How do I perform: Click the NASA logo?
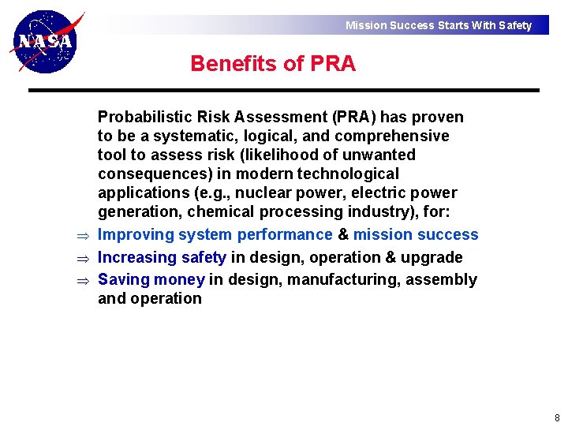click(x=46, y=41)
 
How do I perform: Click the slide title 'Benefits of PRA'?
click(x=273, y=63)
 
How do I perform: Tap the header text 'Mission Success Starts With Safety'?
click(x=439, y=25)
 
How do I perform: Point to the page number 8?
click(x=557, y=418)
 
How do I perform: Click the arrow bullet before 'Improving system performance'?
click(x=80, y=235)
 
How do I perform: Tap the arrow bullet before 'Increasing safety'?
click(x=80, y=258)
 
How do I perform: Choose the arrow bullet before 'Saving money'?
click(x=80, y=280)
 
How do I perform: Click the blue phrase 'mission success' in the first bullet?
click(x=416, y=234)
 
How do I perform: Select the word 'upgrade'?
click(x=433, y=257)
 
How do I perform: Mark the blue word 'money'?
click(x=179, y=279)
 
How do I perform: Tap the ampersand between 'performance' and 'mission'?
click(x=343, y=234)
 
